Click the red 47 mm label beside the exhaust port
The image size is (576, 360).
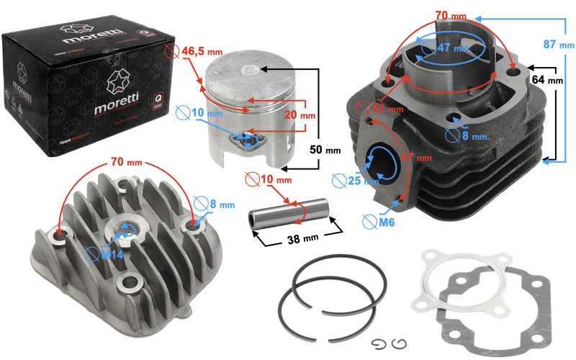[416, 156]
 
